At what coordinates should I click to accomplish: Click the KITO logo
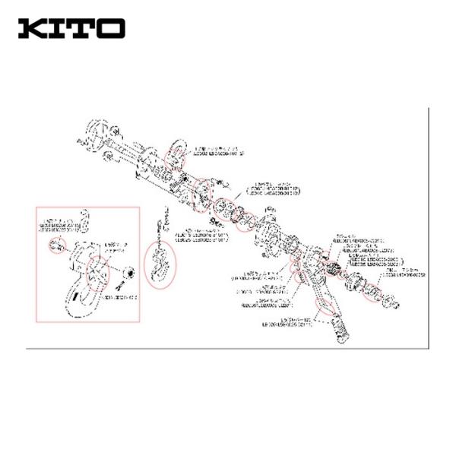pos(71,29)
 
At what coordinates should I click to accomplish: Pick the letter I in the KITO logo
pos(59,29)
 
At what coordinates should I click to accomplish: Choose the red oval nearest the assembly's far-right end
pos(372,293)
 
